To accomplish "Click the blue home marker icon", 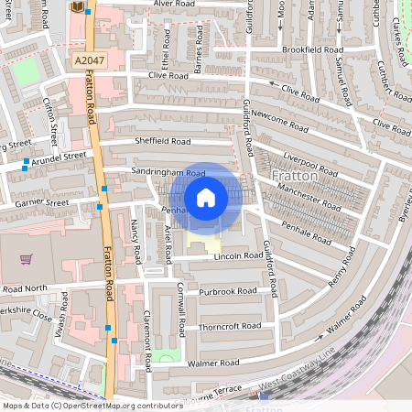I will coord(206,197).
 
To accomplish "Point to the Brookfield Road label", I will coord(313,49).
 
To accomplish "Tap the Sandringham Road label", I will coord(168,172).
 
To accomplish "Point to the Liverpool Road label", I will coord(312,157).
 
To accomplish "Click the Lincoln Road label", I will coord(214,256).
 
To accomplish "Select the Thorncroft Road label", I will coord(229,325).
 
